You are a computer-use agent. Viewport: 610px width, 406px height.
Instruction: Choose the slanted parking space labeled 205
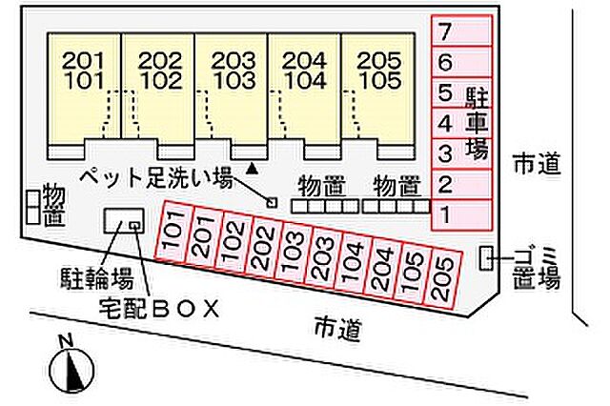click(x=442, y=276)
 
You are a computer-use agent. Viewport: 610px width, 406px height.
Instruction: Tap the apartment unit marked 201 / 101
click(x=86, y=91)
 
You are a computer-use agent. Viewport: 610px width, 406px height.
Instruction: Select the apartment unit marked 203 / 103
click(x=232, y=91)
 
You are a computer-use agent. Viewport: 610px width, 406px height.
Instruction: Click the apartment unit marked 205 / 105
click(x=377, y=91)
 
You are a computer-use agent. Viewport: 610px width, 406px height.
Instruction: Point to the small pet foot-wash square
click(x=271, y=202)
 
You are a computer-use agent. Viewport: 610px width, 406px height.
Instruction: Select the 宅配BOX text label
click(x=159, y=309)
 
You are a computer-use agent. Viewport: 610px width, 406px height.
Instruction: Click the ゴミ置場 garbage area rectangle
click(x=487, y=256)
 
